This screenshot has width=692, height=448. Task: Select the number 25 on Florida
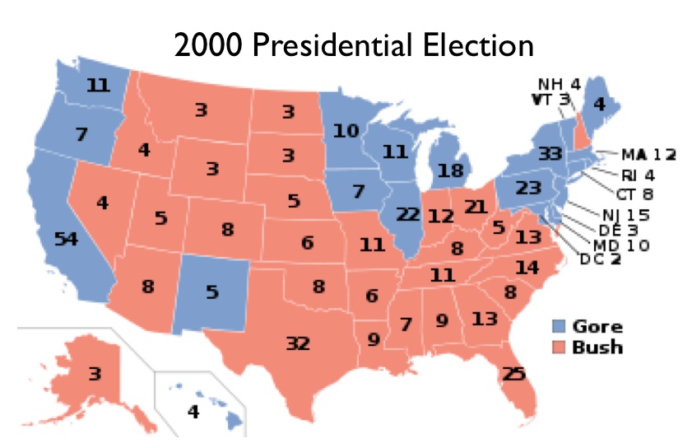click(x=513, y=375)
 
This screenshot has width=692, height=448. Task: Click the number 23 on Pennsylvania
click(x=527, y=187)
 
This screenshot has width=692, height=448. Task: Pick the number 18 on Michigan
click(x=451, y=171)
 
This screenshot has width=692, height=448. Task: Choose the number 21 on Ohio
click(x=476, y=206)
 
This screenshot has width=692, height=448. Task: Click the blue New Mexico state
click(x=211, y=292)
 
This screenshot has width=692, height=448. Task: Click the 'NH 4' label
click(x=560, y=85)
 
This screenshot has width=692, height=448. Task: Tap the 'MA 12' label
click(x=648, y=154)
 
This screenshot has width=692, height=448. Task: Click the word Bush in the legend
click(x=600, y=346)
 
